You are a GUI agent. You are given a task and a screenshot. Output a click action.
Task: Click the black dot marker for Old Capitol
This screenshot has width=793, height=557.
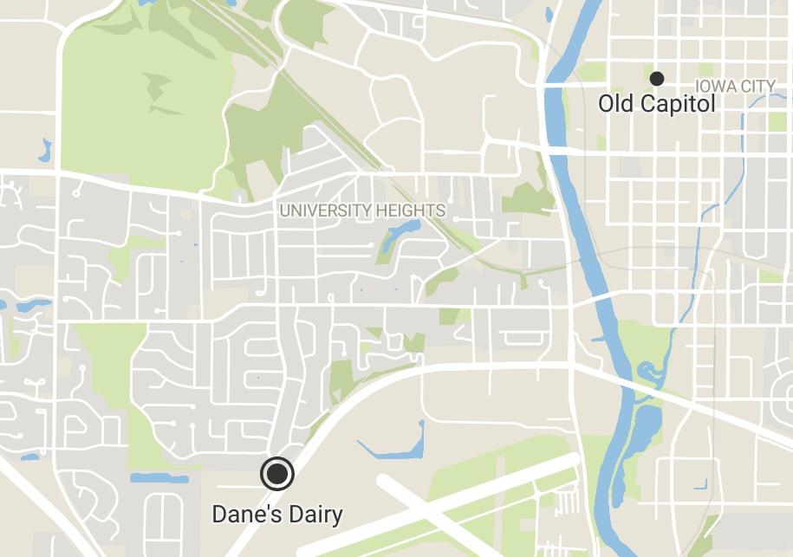(x=657, y=79)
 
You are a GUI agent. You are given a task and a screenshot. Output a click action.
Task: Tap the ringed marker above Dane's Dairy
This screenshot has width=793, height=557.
(x=277, y=474)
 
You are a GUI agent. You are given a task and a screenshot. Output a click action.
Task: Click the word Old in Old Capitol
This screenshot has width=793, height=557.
(x=616, y=105)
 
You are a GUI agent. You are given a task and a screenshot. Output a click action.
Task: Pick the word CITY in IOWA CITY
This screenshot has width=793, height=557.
(x=758, y=87)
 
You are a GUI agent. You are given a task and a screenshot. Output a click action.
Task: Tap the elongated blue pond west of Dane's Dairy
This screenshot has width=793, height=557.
(x=159, y=478)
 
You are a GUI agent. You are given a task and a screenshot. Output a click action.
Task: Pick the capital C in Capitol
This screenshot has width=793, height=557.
(x=647, y=105)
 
